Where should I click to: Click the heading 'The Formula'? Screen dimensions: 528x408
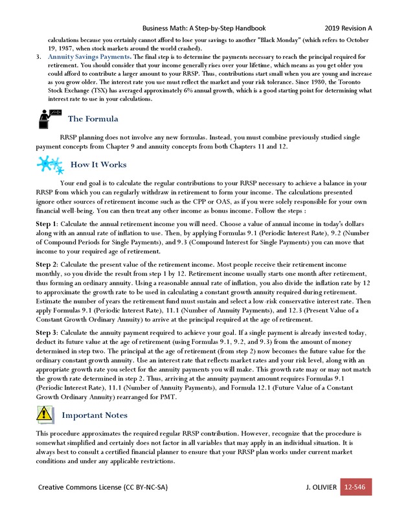(93, 119)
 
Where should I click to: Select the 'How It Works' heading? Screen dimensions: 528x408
(98, 165)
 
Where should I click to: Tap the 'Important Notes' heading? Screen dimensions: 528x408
(94, 415)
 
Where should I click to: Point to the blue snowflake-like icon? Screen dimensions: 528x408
(50, 165)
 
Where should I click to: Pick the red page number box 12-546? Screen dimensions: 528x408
(357, 487)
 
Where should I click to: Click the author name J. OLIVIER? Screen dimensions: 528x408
(321, 487)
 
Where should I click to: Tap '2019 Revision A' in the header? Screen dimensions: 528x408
(348, 28)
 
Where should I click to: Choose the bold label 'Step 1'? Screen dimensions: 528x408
(48, 224)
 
